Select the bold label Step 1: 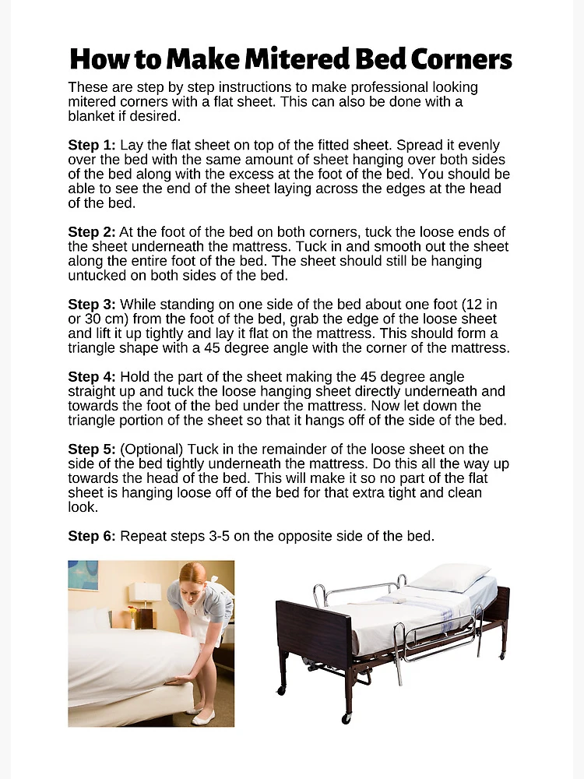coord(92,146)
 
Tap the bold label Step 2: coord(92,232)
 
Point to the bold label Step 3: coord(92,304)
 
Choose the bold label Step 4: coord(92,377)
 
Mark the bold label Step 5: coord(92,449)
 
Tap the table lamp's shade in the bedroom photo coord(145,591)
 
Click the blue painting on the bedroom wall coord(82,575)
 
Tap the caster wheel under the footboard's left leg coord(281,690)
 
